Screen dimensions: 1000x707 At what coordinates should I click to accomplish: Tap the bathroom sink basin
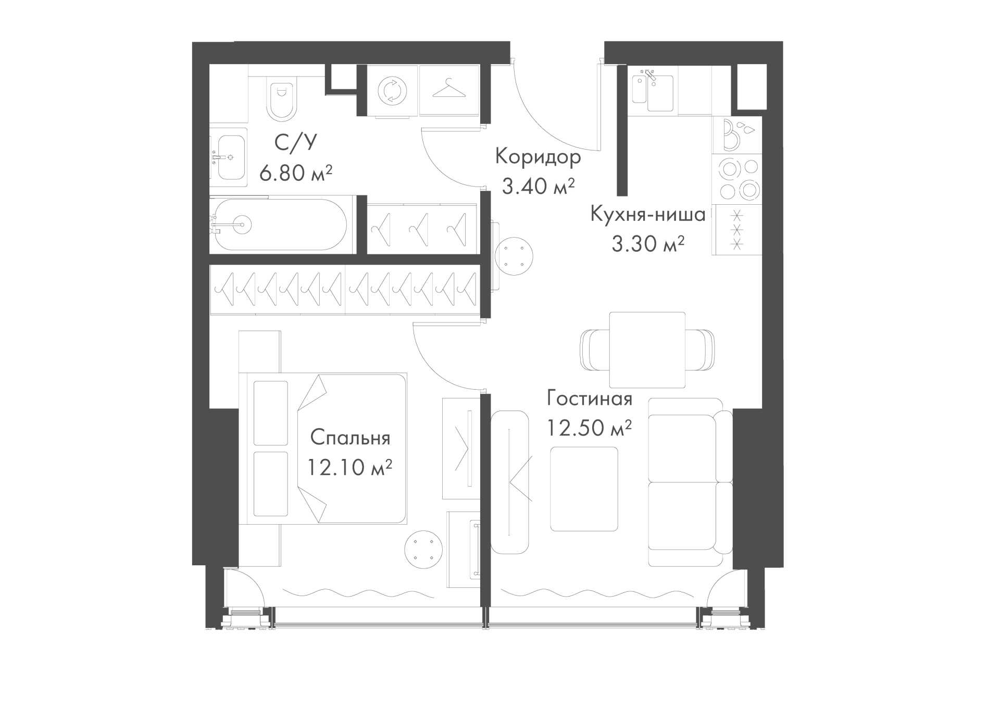[231, 157]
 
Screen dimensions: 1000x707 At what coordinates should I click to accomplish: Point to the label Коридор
[538, 157]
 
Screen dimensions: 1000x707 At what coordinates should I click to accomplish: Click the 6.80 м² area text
[295, 172]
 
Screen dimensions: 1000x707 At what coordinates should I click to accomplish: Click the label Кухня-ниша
[648, 214]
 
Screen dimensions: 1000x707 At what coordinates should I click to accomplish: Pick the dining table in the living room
[647, 350]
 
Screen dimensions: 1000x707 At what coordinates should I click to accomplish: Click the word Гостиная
[590, 399]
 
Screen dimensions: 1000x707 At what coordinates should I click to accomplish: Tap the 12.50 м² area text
[589, 428]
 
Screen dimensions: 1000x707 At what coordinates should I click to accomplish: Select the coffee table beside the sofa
[584, 489]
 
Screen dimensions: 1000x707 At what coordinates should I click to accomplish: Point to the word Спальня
[350, 438]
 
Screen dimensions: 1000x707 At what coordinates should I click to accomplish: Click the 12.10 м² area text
[349, 467]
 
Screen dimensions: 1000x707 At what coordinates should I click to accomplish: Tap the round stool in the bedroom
[423, 549]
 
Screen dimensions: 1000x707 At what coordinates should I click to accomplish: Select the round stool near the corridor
[514, 257]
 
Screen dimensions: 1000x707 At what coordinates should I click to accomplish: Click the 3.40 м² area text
[538, 186]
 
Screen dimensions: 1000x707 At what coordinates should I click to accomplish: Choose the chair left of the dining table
[595, 350]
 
